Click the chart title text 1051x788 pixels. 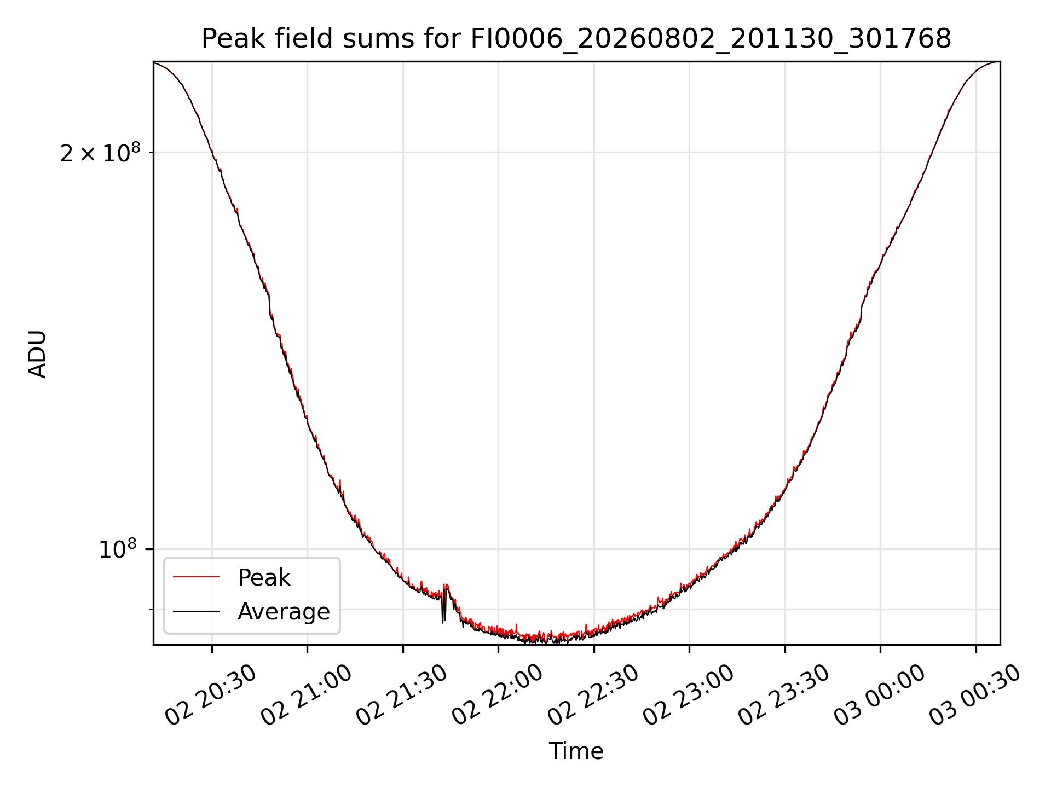click(x=576, y=39)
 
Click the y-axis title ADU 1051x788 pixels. click(x=37, y=354)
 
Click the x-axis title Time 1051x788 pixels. click(x=576, y=751)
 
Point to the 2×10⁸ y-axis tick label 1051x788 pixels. click(x=100, y=153)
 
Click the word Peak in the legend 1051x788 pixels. click(x=264, y=578)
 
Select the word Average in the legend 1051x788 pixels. click(x=284, y=612)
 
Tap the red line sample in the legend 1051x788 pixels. click(x=196, y=577)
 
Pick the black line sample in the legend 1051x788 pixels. click(x=196, y=611)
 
